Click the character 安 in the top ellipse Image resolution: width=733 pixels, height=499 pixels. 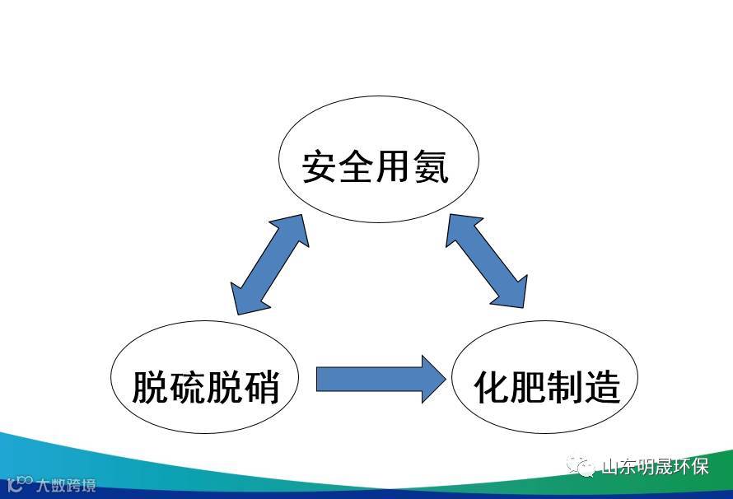[x=320, y=166]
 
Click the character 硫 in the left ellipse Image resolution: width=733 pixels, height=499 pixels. [x=187, y=385]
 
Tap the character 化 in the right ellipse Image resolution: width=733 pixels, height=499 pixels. [x=492, y=385]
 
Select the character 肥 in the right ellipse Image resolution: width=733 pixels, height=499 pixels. [x=529, y=385]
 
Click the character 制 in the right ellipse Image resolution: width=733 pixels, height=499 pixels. [x=566, y=385]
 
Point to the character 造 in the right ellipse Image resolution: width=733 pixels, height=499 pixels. [x=603, y=385]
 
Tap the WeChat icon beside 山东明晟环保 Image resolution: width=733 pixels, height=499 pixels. [x=584, y=467]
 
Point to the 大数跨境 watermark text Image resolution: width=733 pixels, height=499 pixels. [x=64, y=484]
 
